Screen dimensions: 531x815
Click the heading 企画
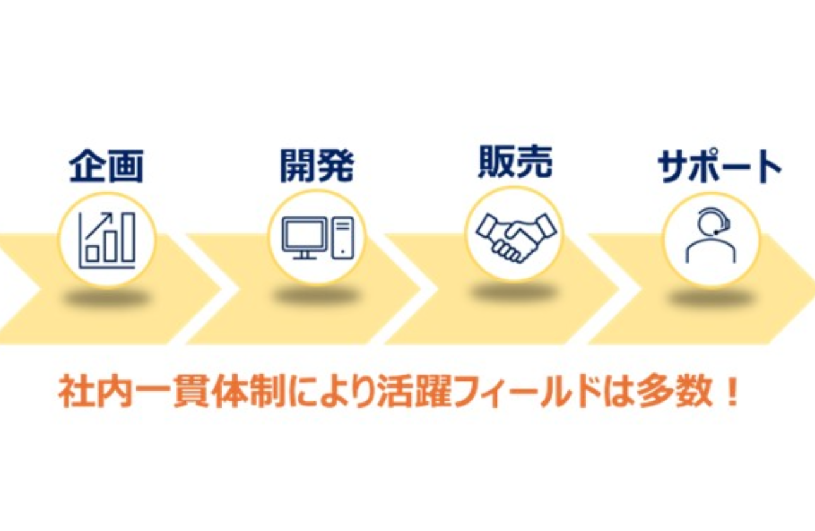coord(106,166)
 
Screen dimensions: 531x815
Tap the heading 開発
coord(317,166)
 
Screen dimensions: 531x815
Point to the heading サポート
coord(720,167)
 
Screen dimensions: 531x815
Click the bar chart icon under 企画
coord(107,240)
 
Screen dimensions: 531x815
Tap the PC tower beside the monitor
coord(342,237)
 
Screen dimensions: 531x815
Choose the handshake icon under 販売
coord(516,235)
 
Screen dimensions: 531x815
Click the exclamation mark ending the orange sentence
coord(733,394)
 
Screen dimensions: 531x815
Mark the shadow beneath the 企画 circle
coord(106,297)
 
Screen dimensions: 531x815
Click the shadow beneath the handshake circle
coord(514,291)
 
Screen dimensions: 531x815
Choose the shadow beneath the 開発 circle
coord(316,295)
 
